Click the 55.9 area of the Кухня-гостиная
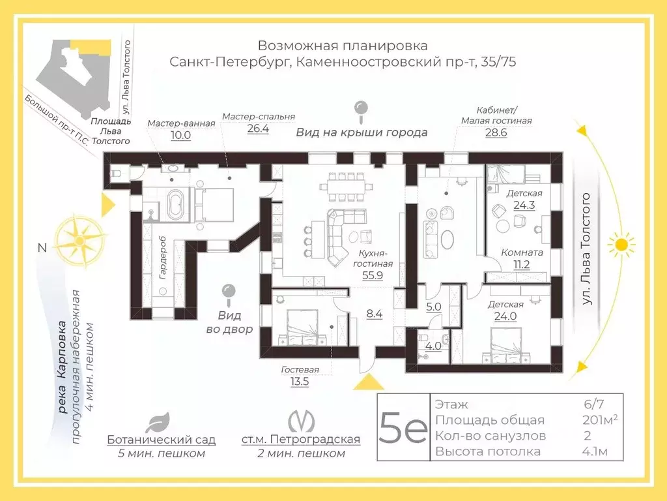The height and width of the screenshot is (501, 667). tap(373, 275)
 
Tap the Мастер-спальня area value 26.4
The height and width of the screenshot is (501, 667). tap(258, 129)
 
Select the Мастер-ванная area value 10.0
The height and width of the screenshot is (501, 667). tap(181, 135)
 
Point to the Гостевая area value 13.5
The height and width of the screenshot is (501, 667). tap(300, 381)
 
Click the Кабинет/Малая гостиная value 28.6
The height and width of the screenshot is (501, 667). tap(496, 132)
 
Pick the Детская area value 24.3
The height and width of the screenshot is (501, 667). tap(524, 205)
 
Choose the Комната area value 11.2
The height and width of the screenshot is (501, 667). tap(522, 265)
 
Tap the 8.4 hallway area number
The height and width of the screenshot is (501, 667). tap(375, 314)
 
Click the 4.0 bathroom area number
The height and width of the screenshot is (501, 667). tap(433, 346)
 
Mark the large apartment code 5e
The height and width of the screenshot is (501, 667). tap(403, 427)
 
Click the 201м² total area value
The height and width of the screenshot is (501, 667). tap(600, 419)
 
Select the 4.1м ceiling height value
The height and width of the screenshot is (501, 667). tap(595, 451)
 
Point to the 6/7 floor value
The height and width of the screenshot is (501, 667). tap(594, 404)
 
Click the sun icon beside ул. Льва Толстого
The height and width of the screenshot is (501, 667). tap(621, 245)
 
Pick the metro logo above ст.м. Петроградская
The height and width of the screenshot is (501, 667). tap(301, 421)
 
